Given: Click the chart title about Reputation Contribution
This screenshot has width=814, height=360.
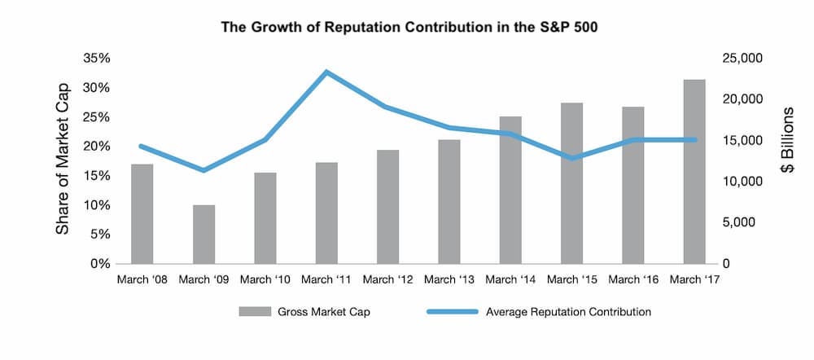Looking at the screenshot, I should pyautogui.click(x=407, y=26).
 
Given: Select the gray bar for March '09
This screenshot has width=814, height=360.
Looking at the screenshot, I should pyautogui.click(x=203, y=235).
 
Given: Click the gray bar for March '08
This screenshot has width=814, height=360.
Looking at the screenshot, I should pyautogui.click(x=142, y=214).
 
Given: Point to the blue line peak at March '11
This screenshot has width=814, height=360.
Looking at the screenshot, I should pyautogui.click(x=326, y=72).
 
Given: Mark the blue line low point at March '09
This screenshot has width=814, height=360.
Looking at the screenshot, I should pyautogui.click(x=203, y=170).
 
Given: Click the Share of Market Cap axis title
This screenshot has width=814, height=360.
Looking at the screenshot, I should pyautogui.click(x=63, y=159).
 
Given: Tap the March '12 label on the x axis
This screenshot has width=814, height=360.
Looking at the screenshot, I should pyautogui.click(x=387, y=279).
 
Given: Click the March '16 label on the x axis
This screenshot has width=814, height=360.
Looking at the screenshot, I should pyautogui.click(x=632, y=279).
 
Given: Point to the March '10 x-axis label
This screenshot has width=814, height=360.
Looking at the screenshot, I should pyautogui.click(x=265, y=279).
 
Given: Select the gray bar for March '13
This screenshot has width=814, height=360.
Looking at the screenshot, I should pyautogui.click(x=449, y=202).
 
